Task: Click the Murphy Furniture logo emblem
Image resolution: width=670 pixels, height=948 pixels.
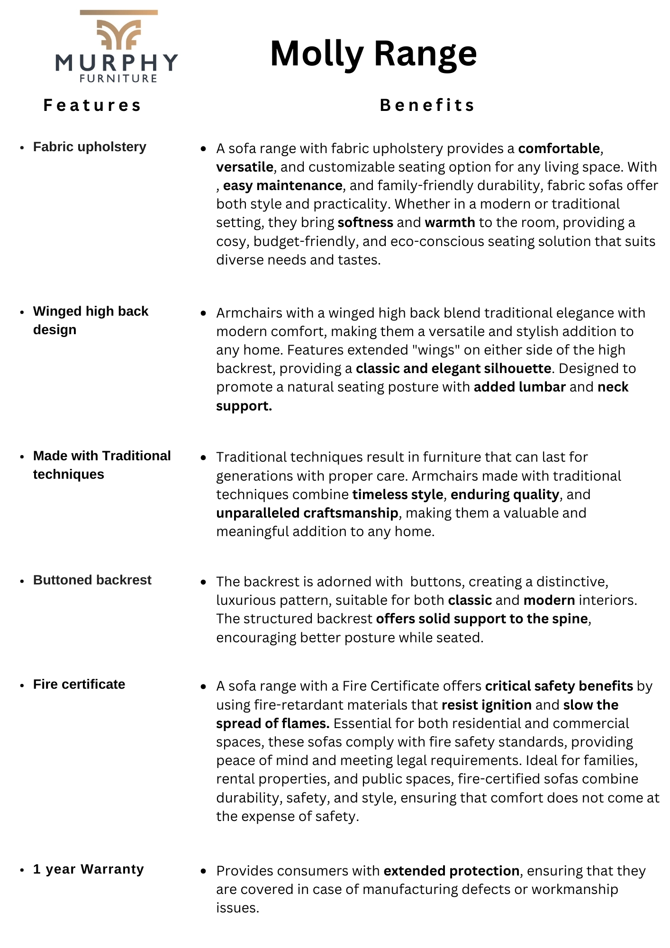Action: [118, 33]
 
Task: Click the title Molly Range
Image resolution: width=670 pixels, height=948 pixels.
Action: [373, 54]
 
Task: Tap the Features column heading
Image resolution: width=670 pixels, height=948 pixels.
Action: [92, 105]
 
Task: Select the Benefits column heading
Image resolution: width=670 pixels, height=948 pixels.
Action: [427, 105]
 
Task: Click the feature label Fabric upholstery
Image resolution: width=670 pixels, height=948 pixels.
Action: [90, 147]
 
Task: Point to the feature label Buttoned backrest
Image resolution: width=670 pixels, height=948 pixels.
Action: [92, 580]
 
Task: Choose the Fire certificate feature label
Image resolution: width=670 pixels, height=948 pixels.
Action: [79, 684]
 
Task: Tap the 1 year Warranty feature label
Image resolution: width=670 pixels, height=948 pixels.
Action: [88, 869]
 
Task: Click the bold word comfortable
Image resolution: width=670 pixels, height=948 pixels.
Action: [559, 149]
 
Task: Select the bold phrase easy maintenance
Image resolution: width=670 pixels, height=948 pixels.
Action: [283, 185]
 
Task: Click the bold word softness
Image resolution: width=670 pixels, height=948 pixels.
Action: [365, 222]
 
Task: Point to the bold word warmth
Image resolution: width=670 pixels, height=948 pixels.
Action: [450, 222]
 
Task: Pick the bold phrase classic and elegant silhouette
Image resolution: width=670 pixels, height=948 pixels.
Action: [453, 369]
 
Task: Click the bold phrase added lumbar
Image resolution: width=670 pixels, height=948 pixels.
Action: [519, 387]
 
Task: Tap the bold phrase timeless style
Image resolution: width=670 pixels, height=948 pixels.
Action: [398, 495]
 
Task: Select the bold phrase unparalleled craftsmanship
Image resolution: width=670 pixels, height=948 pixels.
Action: [307, 513]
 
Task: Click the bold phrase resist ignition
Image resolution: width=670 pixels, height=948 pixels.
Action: [486, 705]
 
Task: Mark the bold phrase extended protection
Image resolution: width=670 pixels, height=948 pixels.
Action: [452, 871]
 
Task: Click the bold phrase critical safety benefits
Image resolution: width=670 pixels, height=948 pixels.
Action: [559, 686]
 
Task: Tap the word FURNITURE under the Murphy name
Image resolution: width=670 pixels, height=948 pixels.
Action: [118, 79]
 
